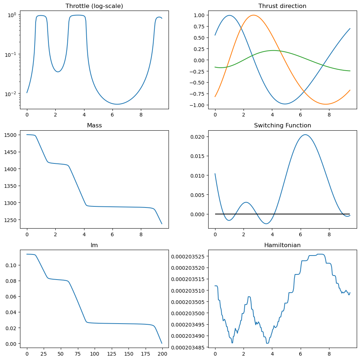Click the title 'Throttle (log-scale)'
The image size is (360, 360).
(x=94, y=6)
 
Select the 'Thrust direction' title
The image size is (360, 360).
(x=282, y=6)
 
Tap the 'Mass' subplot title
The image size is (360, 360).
(x=94, y=126)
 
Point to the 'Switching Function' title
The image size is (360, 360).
(x=282, y=126)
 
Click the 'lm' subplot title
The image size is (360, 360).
(x=94, y=245)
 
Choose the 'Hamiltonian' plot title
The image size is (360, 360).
(x=282, y=245)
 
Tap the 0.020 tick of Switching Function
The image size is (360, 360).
(x=198, y=137)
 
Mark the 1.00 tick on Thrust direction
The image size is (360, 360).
(x=199, y=15)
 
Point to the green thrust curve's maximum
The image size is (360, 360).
(x=273, y=51)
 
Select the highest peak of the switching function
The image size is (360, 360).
(x=305, y=135)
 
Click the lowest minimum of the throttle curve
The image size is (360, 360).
(x=117, y=104)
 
